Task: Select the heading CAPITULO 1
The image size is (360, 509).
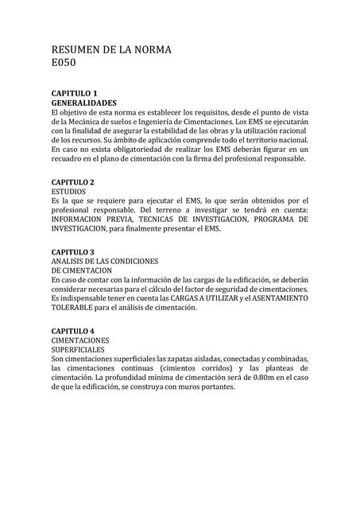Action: coord(74,94)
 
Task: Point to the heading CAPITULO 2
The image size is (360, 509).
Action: coord(74,182)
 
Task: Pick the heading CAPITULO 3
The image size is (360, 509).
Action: coord(74,251)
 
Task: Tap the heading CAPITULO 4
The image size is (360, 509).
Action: coord(74,330)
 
